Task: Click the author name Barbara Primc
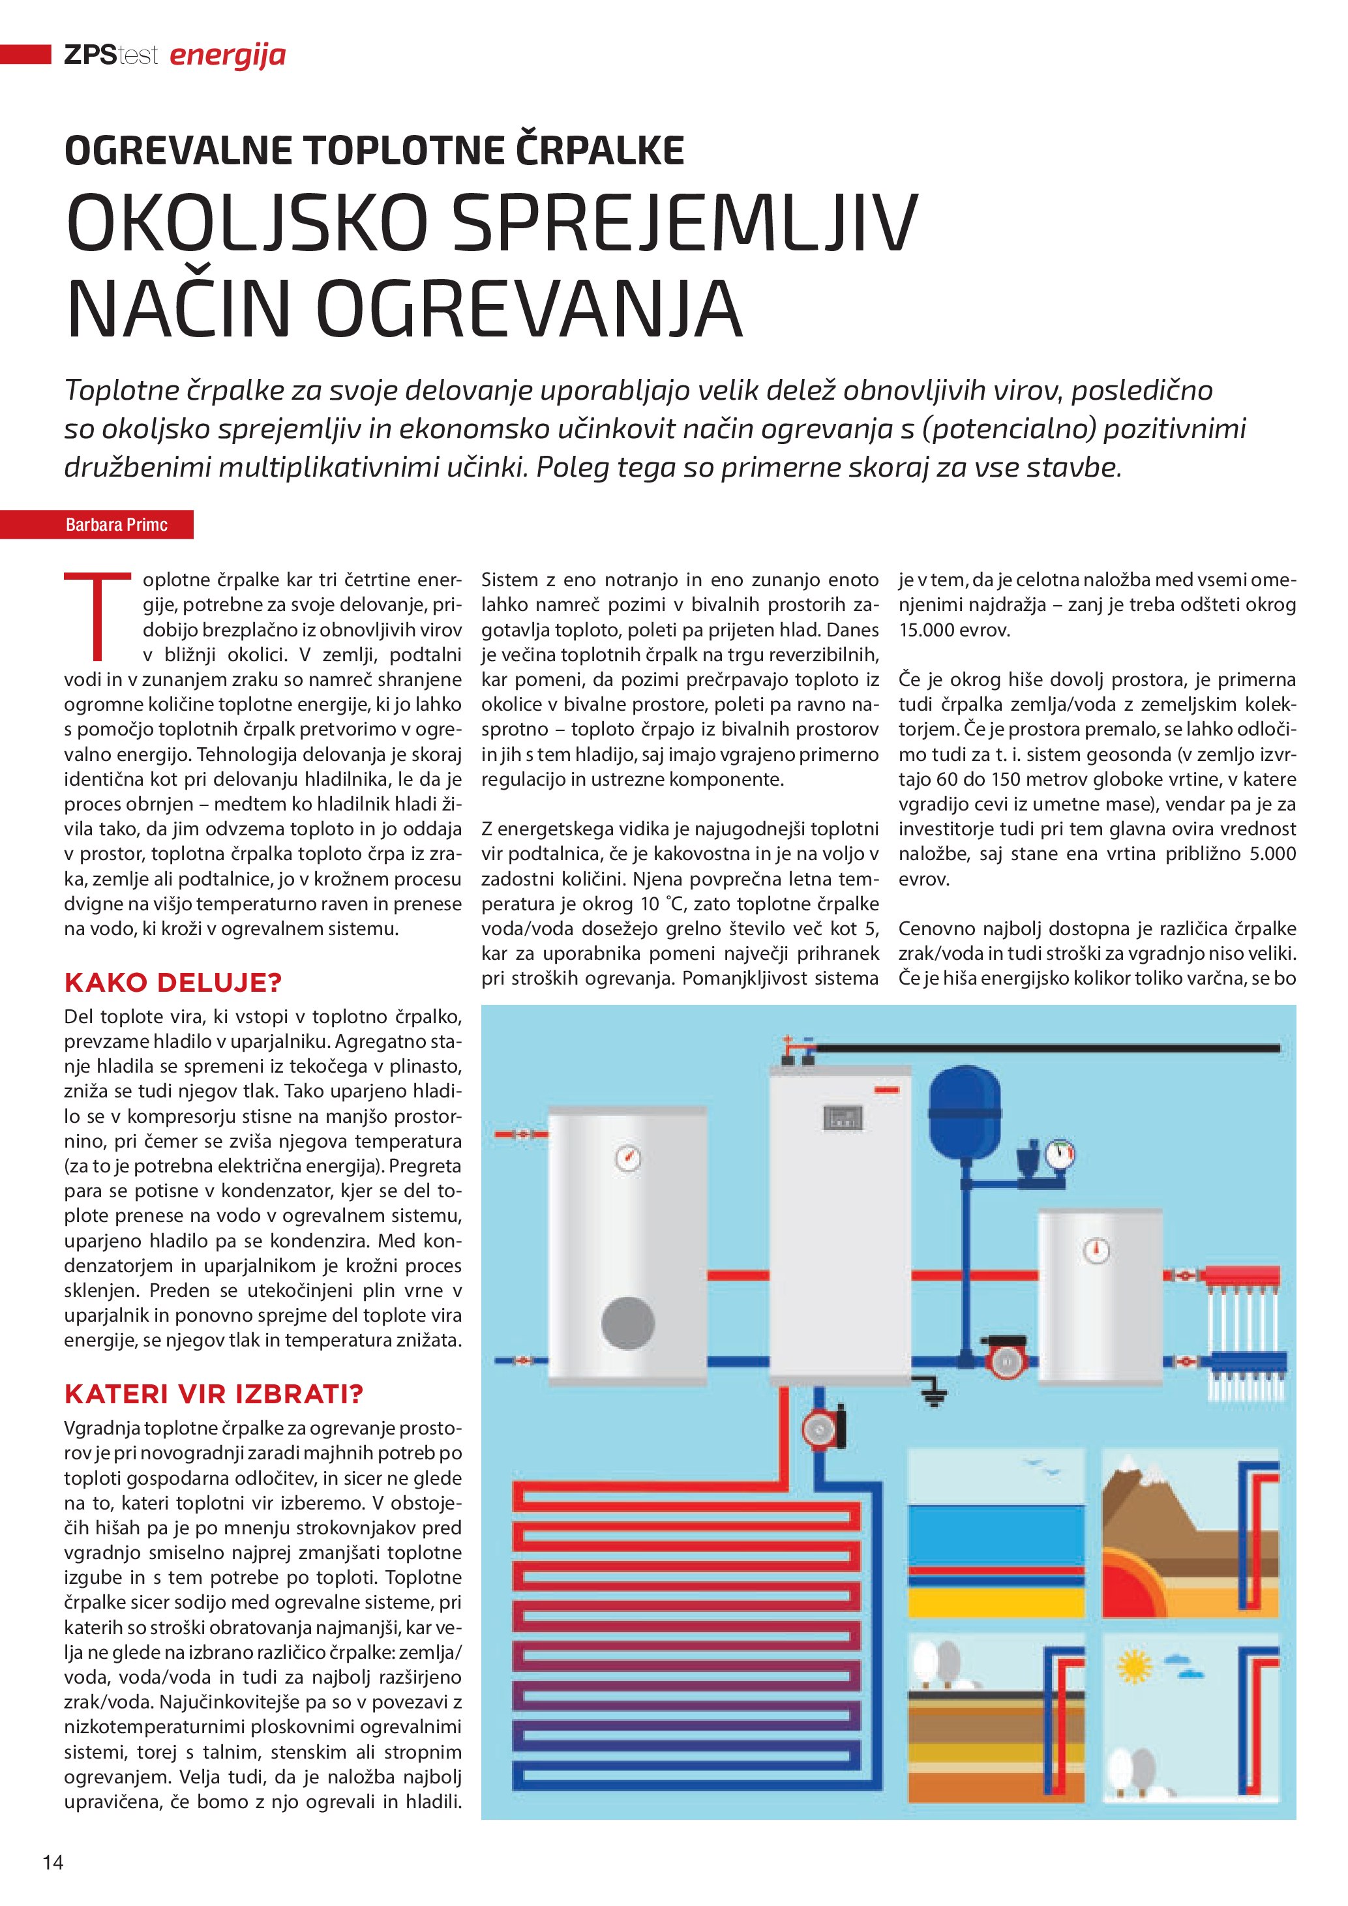116,525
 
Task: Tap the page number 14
53,1862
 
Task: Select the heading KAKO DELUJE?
173,983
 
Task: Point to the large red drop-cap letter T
98,615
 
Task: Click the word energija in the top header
228,55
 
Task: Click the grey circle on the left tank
627,1322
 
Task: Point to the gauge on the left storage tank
627,1157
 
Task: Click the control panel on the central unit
843,1118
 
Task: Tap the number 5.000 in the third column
1272,854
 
